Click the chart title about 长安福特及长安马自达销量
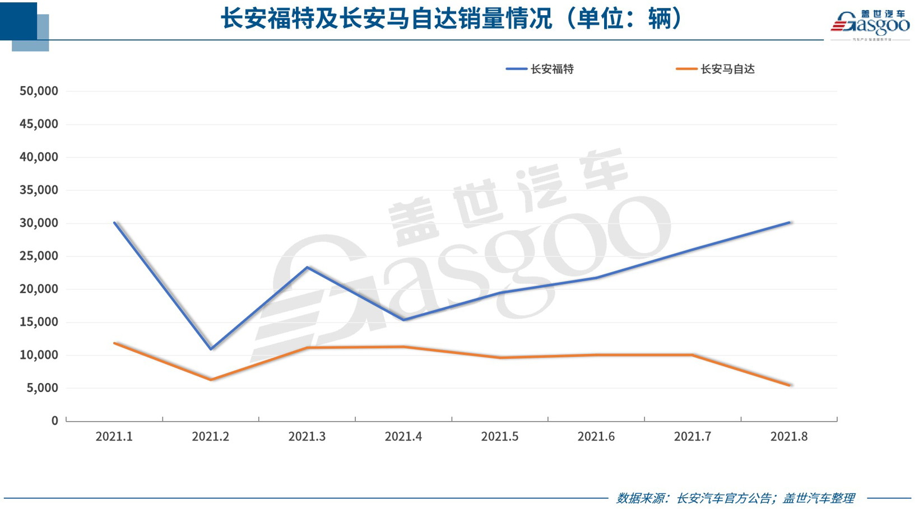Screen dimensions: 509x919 (451, 19)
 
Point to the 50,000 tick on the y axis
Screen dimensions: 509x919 (39, 91)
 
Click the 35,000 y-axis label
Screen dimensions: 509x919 (39, 190)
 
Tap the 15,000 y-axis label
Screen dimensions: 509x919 (39, 322)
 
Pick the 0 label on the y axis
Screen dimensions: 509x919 (54, 421)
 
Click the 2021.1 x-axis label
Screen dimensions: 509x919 (114, 437)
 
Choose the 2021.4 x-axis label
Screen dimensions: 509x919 (403, 437)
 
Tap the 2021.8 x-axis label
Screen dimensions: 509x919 (789, 437)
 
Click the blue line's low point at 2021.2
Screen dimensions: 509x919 (211, 349)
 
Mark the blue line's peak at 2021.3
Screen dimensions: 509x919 (307, 267)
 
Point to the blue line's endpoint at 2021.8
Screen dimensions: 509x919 (789, 222)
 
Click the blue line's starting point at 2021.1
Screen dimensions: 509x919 (114, 223)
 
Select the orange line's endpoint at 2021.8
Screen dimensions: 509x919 (789, 385)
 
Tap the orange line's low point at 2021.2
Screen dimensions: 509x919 (211, 380)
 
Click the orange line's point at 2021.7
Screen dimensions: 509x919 (693, 355)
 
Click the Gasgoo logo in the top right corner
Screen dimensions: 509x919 (870, 24)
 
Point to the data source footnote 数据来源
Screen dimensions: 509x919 (735, 498)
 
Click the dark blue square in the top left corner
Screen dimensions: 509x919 (18, 21)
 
